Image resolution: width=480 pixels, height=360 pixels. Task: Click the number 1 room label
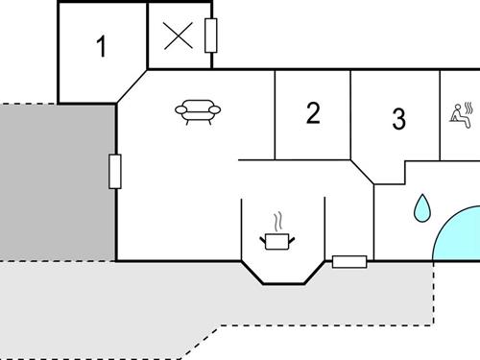101,46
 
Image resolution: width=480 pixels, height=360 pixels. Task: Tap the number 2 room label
313,113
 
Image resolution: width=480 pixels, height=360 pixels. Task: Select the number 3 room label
399,119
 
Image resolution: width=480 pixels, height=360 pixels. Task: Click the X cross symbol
178,36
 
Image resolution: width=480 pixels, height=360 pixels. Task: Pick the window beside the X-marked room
211,36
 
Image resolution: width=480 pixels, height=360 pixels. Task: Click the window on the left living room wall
115,171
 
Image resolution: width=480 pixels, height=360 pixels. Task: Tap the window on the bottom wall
349,260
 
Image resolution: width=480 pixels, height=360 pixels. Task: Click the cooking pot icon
276,240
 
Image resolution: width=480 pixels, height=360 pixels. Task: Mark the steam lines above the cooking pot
277,220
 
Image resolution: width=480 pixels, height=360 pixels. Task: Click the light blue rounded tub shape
459,235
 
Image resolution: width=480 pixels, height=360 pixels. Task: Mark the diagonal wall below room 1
132,85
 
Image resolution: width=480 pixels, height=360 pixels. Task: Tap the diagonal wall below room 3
362,172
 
